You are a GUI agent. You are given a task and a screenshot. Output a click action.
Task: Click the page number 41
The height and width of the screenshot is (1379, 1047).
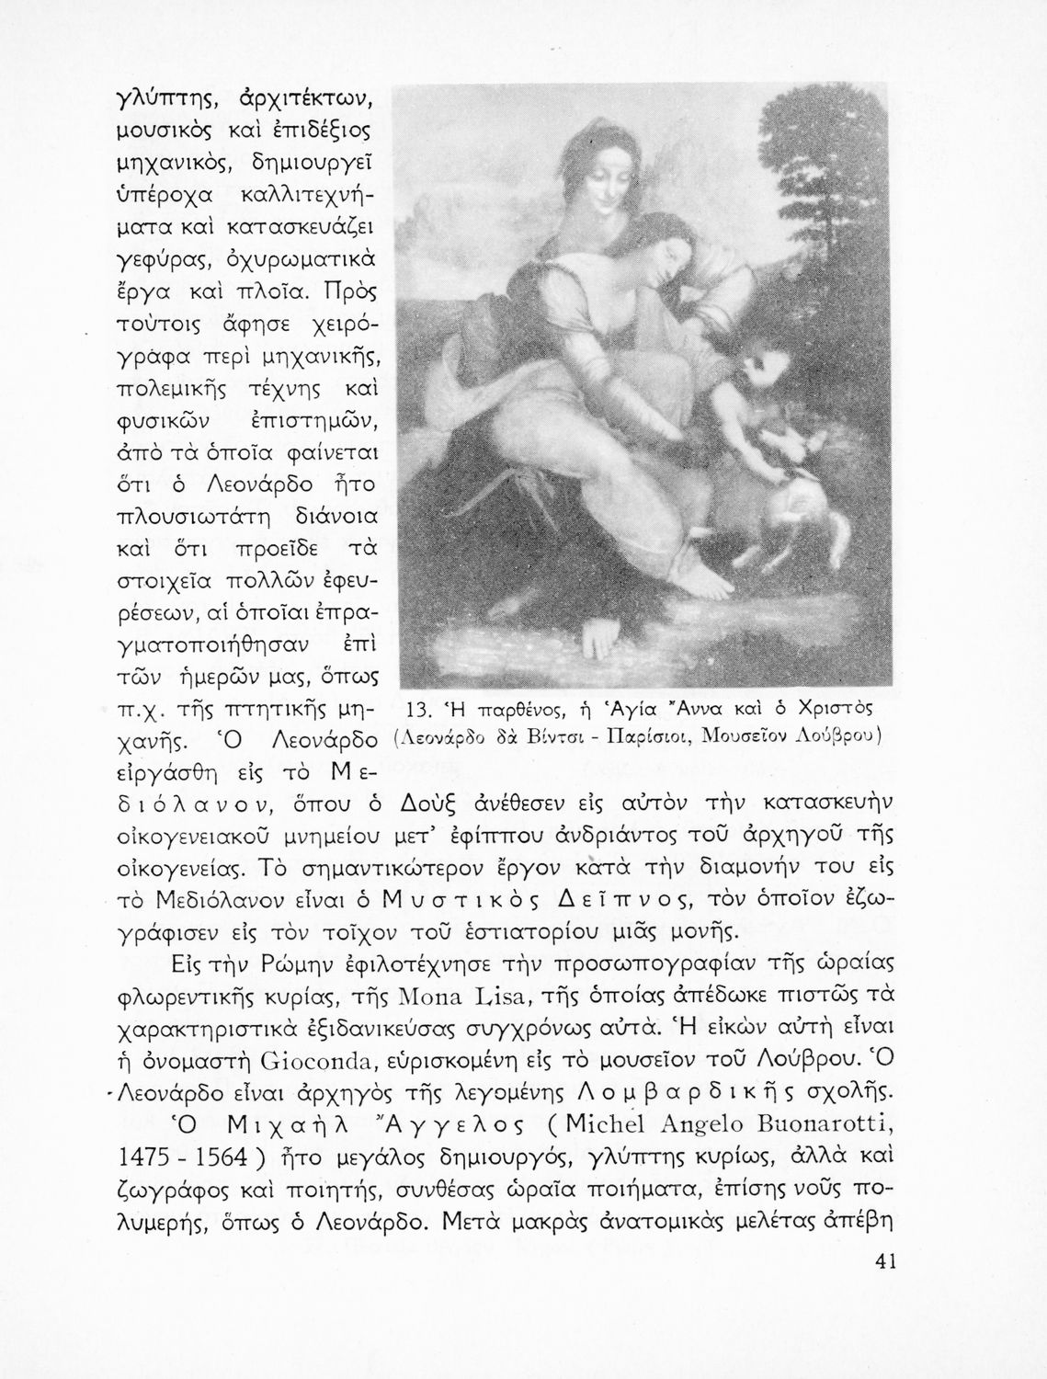(x=886, y=1261)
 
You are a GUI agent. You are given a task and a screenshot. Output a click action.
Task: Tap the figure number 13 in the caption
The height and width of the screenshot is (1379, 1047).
(x=418, y=709)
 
